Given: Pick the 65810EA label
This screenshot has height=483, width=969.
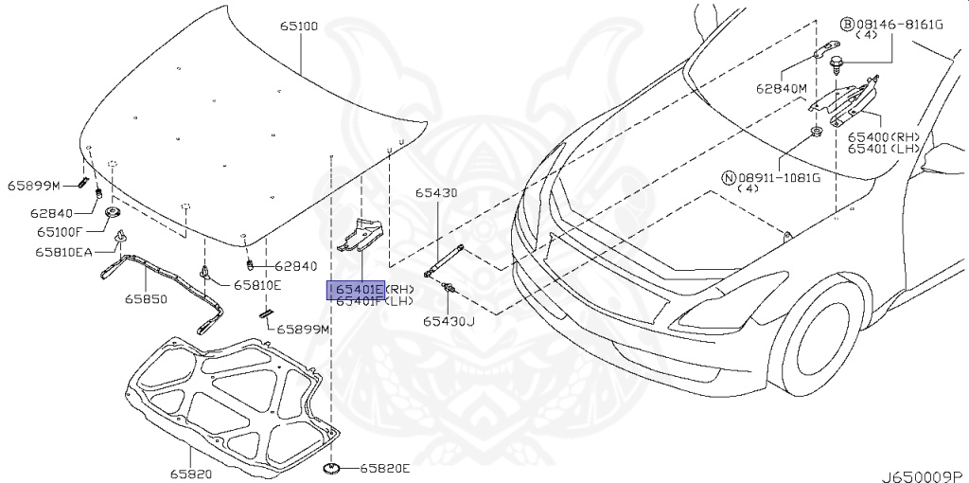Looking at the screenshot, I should click(65, 252).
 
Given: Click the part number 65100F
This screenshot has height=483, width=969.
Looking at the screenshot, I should click(62, 230).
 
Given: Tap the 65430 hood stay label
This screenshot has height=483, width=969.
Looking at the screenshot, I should click(435, 193).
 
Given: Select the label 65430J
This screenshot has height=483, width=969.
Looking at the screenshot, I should click(449, 321).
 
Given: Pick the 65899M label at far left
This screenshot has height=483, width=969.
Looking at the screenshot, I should click(34, 185).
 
